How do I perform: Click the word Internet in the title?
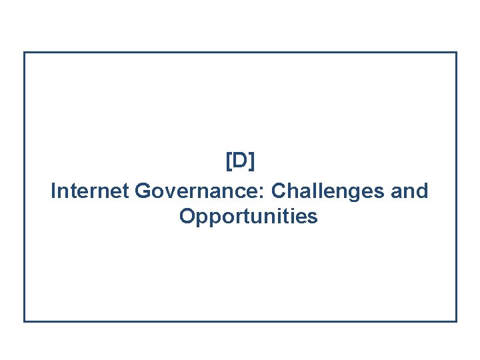(90, 191)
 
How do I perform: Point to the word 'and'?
(409, 191)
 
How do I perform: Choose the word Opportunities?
(248, 217)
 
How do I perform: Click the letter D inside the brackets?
(240, 161)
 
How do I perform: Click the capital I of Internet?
(53, 191)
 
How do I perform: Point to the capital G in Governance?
(142, 191)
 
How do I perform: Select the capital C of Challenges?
(279, 191)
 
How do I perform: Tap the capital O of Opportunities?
(187, 217)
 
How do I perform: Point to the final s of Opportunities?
(313, 218)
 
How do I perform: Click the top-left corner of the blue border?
(25, 53)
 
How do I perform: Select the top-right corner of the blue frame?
(457, 53)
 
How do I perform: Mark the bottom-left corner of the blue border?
(25, 321)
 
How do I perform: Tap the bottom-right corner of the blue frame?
(457, 321)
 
